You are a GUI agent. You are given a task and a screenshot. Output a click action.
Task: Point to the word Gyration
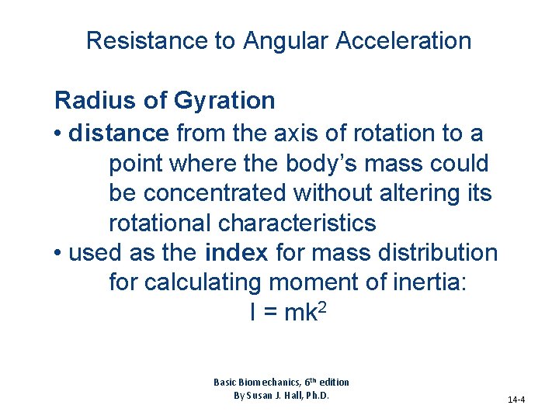(x=224, y=101)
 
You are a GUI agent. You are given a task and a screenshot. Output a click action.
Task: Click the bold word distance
(x=119, y=133)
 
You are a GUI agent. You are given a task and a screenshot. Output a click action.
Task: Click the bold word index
(x=237, y=253)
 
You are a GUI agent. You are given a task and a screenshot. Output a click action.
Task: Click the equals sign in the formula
(x=268, y=313)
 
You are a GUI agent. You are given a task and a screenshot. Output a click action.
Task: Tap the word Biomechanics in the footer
(x=263, y=382)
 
